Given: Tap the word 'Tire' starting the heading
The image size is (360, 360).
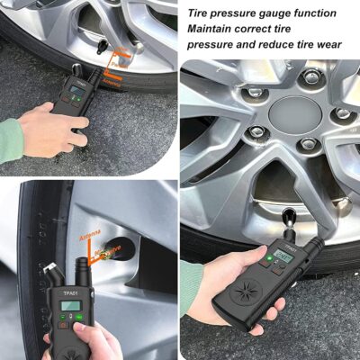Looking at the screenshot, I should click(x=200, y=13).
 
